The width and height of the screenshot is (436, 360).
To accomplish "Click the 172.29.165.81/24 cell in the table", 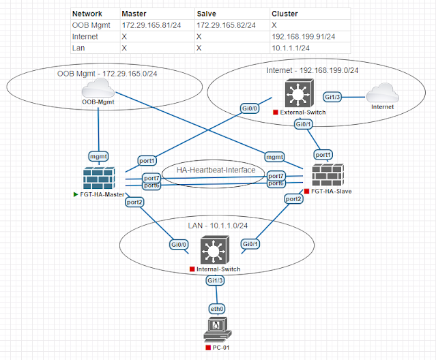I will [x=151, y=25].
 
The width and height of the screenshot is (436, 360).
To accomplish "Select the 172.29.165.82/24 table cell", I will [x=226, y=25].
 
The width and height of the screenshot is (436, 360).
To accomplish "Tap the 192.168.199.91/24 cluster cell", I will [x=302, y=36].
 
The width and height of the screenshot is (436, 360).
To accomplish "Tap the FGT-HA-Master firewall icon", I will [x=100, y=179].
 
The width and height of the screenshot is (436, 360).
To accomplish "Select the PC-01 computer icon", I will [x=215, y=331].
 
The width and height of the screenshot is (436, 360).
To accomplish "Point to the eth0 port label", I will [x=216, y=308].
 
